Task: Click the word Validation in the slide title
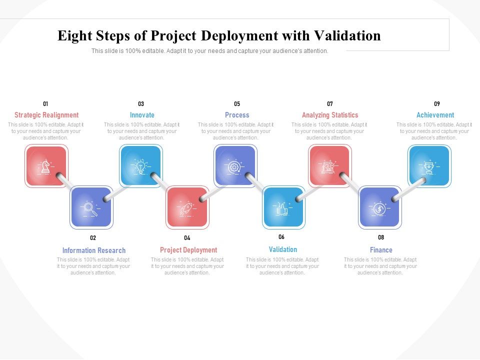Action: coord(347,36)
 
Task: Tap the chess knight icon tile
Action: coord(46,166)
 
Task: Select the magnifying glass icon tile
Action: coord(91,207)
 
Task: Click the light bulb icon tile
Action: coord(140,166)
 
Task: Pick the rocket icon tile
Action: coord(187,207)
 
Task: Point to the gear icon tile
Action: coord(235,166)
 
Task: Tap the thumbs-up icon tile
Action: coord(283,207)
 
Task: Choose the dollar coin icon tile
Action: coord(379,207)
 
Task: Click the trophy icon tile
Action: coord(429,166)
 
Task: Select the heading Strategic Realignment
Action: coord(46,115)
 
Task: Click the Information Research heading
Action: coord(94,250)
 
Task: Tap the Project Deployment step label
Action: coord(188,250)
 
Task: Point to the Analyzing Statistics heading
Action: coord(330,115)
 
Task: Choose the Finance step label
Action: coord(381,250)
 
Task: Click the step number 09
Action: coord(437,104)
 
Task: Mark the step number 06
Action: coord(281,237)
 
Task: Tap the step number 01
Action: coord(45,104)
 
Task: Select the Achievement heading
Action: coord(435,115)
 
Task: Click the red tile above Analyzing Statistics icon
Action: coord(329,166)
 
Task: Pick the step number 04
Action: coord(187,238)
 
